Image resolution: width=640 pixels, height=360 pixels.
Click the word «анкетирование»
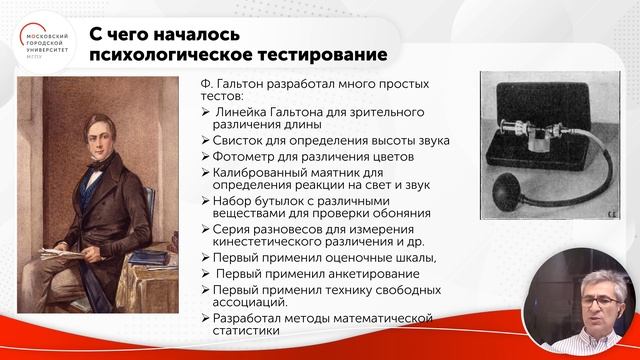(x=334, y=272)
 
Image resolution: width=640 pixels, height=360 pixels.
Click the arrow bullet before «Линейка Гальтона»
(x=192, y=112)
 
